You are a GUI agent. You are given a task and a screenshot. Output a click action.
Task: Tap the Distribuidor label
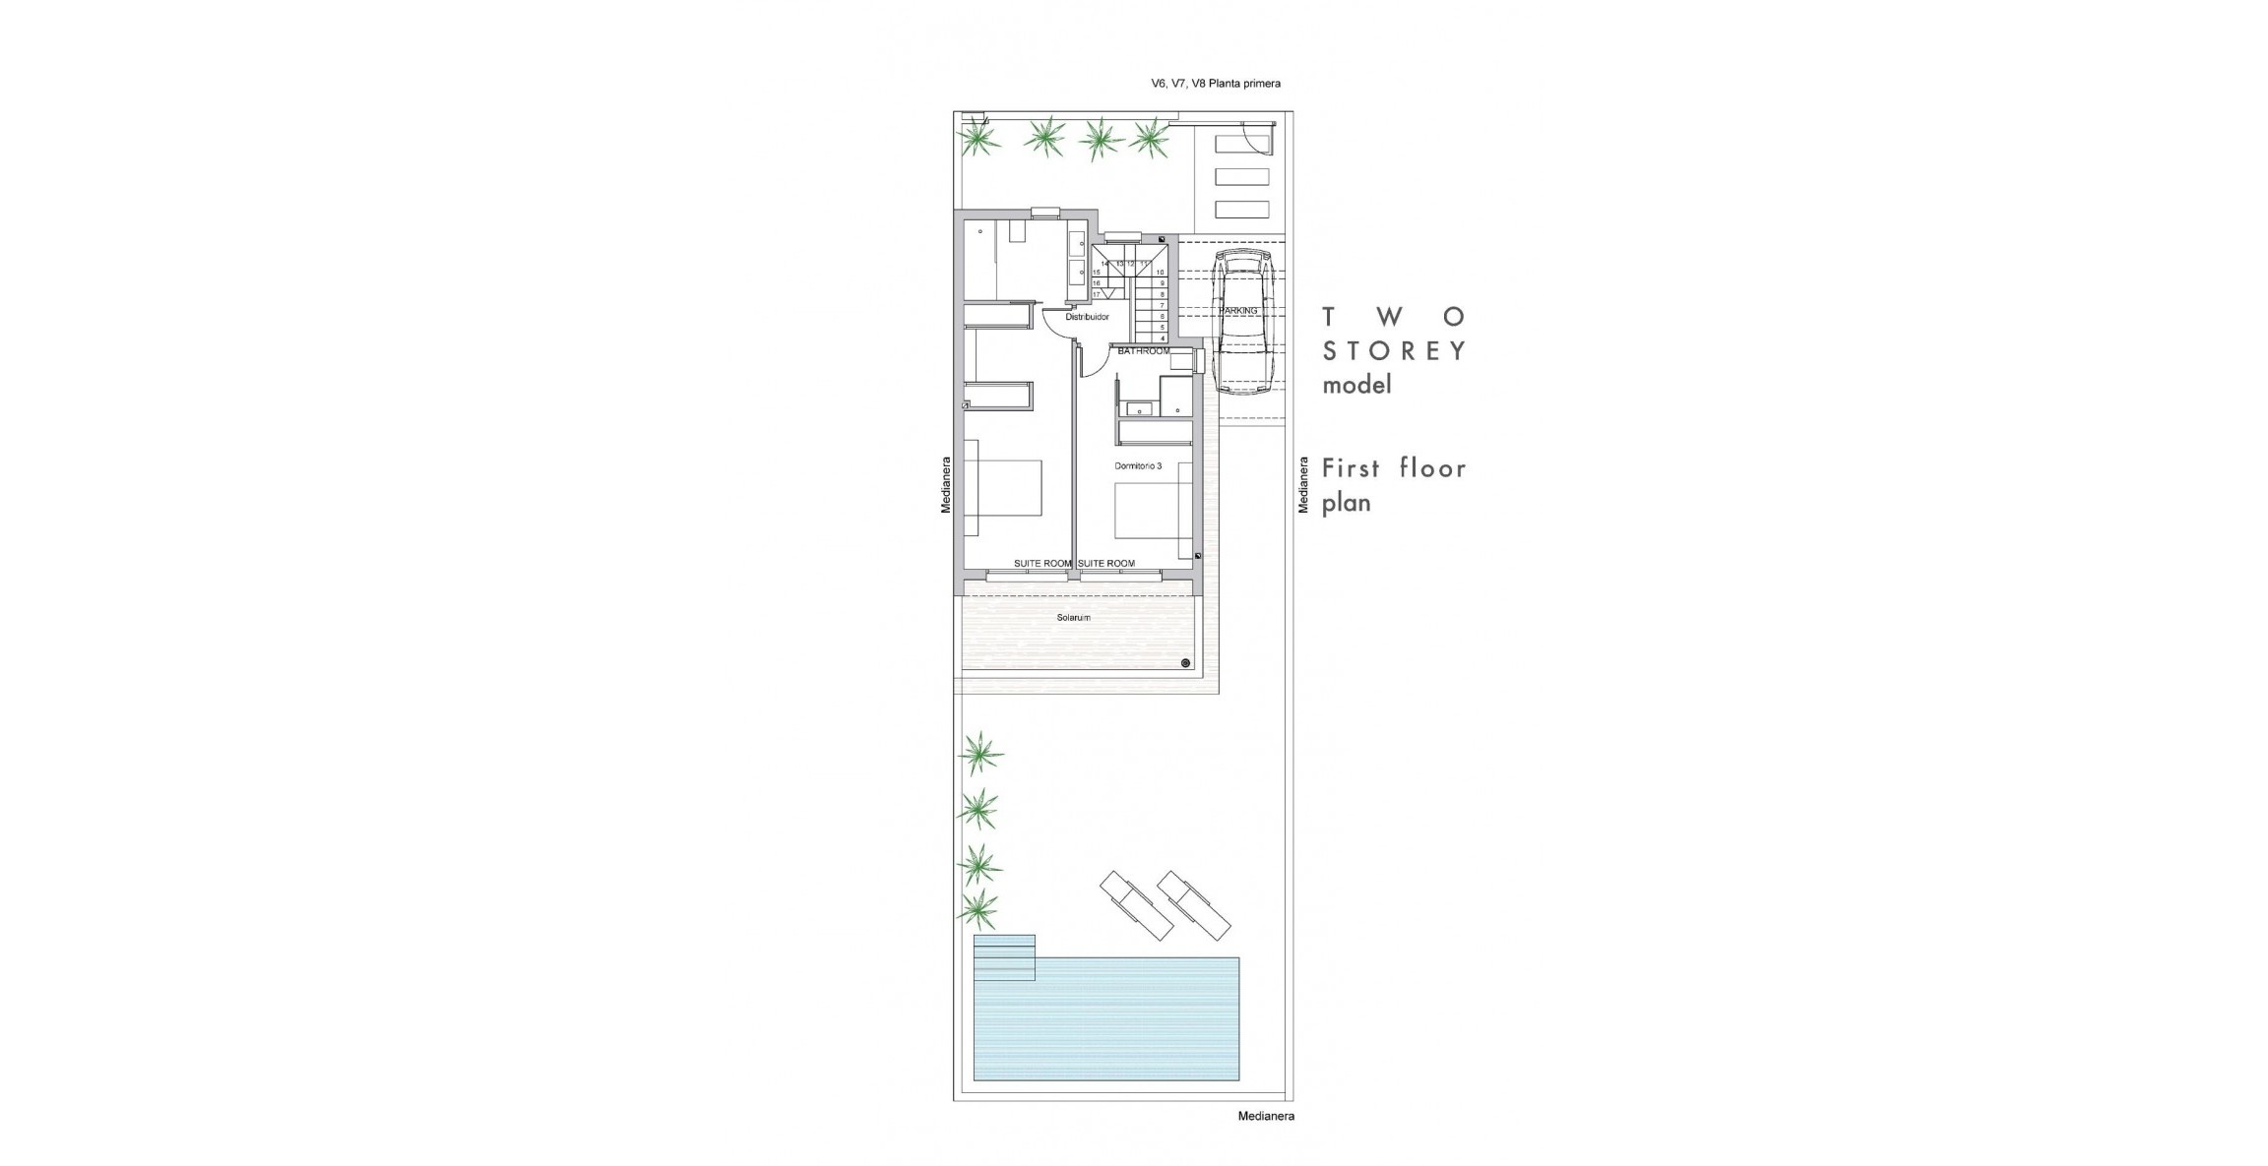(x=1087, y=317)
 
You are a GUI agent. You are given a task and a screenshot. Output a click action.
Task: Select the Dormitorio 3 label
(x=1138, y=466)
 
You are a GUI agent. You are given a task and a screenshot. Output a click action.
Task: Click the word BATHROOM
(x=1144, y=351)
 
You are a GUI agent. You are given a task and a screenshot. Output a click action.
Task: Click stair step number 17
(x=1097, y=294)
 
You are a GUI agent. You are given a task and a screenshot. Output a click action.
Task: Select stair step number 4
(x=1162, y=338)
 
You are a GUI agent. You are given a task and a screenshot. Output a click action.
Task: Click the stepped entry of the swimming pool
(x=1004, y=957)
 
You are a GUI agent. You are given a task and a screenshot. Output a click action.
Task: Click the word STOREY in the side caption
(x=1394, y=351)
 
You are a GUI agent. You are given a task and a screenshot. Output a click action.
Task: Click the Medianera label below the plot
(x=1266, y=1116)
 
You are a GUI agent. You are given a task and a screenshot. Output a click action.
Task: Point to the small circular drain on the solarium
(x=1186, y=663)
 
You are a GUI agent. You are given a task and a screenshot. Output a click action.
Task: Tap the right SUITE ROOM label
(x=1106, y=564)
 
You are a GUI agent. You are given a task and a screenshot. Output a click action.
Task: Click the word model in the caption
(x=1356, y=386)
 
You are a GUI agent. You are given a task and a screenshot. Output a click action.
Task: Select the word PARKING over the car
(x=1238, y=311)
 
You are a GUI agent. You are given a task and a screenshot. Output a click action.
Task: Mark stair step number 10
(x=1161, y=273)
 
